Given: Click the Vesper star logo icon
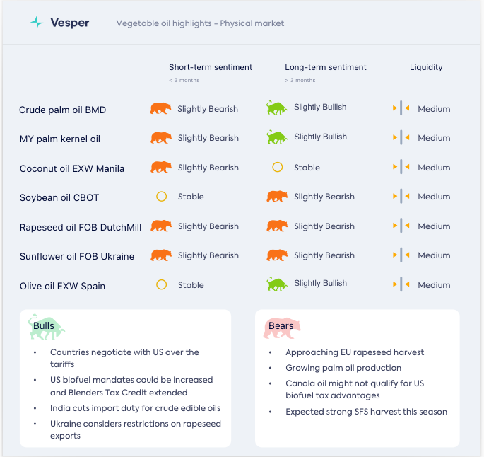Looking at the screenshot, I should [37, 23].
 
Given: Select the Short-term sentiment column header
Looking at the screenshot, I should [210, 67].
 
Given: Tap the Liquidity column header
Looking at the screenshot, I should [426, 67].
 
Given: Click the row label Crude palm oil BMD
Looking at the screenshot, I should [62, 110].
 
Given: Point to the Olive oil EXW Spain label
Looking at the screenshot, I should [62, 286].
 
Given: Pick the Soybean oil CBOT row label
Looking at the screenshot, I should [62, 197].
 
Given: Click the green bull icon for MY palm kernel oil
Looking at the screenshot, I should [277, 137].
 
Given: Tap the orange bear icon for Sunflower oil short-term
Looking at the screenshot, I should [161, 255].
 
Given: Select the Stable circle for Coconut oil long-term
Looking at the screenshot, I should [278, 168].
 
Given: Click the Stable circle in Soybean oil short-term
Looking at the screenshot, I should [161, 197].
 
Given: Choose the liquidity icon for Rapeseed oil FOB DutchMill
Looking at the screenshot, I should [401, 226].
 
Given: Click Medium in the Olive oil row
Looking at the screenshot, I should [434, 285].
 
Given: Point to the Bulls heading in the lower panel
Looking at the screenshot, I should [44, 326].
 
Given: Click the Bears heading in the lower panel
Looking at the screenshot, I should [281, 326].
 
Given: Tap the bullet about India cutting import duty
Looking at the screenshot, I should [135, 408].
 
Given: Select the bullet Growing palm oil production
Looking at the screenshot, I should [343, 368].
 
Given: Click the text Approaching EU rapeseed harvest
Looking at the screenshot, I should [355, 352].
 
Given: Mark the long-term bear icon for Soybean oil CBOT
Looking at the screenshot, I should [277, 197].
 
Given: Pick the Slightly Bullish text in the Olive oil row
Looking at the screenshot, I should [320, 283].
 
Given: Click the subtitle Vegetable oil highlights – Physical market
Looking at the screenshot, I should [200, 23].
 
